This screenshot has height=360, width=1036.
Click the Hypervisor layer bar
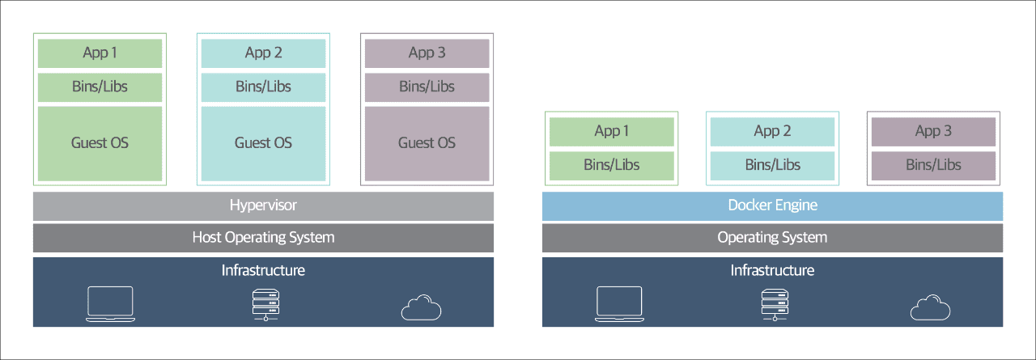263,206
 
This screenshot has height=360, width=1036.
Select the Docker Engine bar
772,206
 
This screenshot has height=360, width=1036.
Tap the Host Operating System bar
263,238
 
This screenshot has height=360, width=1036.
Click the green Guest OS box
100,144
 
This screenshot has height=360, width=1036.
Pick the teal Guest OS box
263,144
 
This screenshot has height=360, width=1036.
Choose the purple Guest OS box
427,144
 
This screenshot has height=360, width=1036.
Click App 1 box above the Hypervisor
100,53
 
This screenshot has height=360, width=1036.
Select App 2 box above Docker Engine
772,132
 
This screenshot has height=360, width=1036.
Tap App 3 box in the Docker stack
933,132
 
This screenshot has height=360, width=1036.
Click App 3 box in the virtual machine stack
427,53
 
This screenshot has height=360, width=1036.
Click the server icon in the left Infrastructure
265,304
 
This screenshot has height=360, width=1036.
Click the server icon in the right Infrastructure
775,304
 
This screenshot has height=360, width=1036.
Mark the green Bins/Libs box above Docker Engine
611,166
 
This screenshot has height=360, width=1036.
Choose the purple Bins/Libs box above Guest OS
427,87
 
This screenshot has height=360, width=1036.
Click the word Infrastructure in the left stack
263,270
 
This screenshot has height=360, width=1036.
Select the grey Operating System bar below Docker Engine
772,238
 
